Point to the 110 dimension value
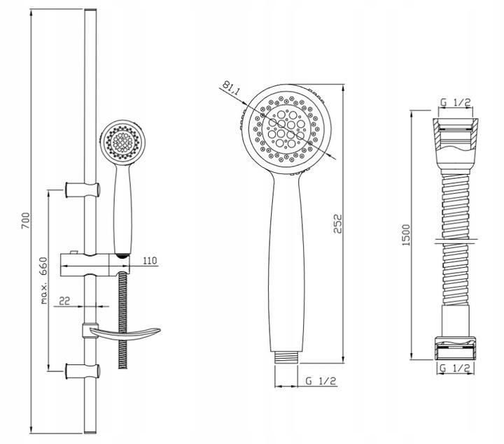pos(148,261)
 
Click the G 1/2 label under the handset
pos(321,380)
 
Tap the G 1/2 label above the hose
pos(455,103)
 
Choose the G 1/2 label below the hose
pos(455,366)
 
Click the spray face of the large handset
pos(287,126)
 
